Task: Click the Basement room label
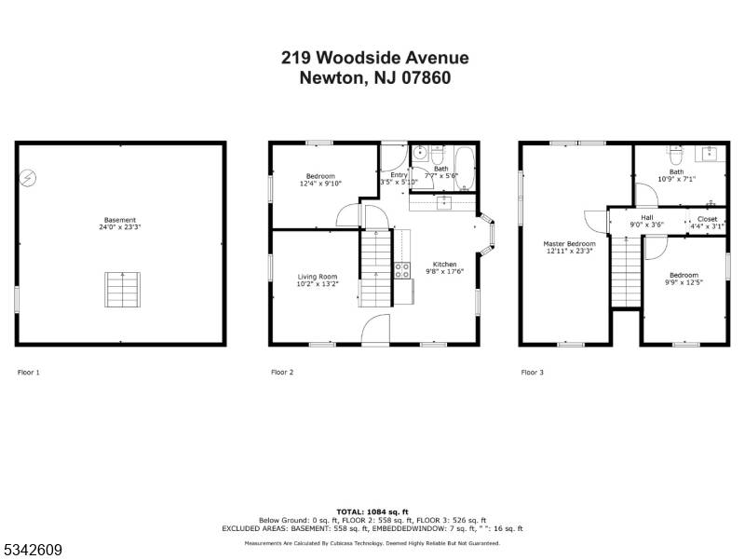click(121, 221)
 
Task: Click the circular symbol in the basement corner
click(29, 176)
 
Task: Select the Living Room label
click(318, 276)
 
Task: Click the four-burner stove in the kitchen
click(403, 270)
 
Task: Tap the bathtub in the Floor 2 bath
click(465, 168)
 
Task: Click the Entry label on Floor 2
click(399, 174)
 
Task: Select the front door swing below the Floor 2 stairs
click(374, 329)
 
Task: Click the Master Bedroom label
click(568, 244)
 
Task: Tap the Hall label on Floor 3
click(646, 218)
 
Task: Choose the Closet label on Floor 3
click(707, 219)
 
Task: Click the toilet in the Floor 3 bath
click(676, 154)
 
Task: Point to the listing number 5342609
click(33, 551)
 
